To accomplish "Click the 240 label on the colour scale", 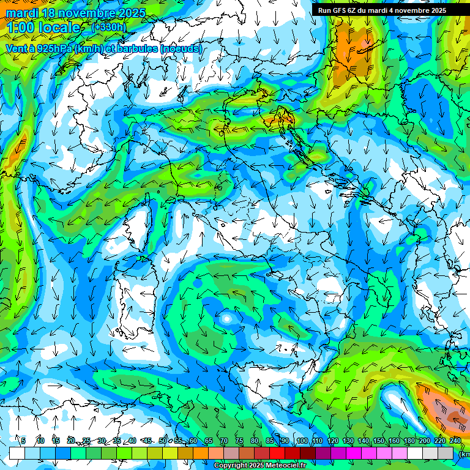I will click(x=455, y=441).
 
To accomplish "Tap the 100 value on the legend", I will click(x=302, y=441).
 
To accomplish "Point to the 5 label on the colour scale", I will click(x=23, y=441).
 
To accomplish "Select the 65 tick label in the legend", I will click(x=208, y=441).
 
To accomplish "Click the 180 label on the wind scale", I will click(x=409, y=441).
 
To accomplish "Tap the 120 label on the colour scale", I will click(x=332, y=441).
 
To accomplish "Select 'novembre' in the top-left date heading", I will click(x=88, y=13).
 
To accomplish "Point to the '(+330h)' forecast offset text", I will click(x=109, y=28).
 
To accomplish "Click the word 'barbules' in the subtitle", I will click(x=137, y=48).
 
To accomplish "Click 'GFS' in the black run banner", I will click(x=341, y=10).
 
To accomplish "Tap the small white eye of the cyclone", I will click(x=227, y=319).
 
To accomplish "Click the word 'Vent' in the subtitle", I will click(x=17, y=48).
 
